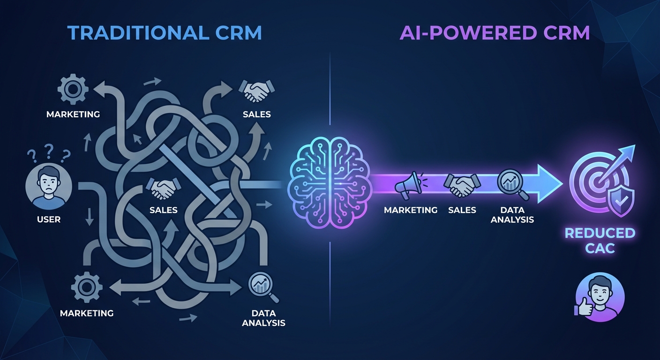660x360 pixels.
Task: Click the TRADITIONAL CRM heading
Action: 164,33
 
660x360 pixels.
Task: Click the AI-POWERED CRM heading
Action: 495,33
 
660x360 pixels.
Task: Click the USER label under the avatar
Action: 49,219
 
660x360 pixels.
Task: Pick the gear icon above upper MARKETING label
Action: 73,89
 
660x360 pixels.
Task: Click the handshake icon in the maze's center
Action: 163,187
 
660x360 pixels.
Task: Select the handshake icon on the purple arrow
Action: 462,185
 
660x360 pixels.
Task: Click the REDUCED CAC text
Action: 600,240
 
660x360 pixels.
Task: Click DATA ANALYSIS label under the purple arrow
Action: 512,215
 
